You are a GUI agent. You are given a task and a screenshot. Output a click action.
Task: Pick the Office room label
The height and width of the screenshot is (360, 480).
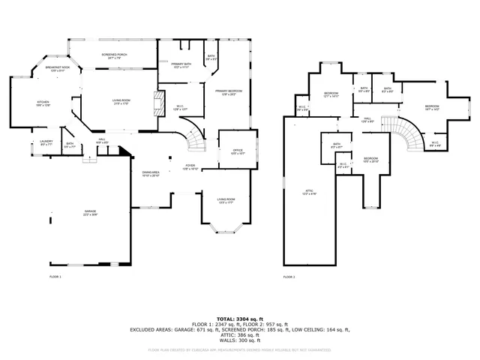coord(238,151)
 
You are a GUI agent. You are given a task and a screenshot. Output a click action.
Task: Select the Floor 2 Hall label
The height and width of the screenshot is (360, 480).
coord(367,119)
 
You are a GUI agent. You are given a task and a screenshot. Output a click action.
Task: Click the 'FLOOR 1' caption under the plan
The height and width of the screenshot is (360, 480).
coord(55,277)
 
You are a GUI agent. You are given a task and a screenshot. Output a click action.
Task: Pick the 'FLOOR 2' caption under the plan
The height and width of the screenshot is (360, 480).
coord(289,277)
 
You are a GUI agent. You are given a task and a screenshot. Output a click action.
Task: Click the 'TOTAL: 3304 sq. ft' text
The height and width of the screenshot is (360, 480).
coord(240,319)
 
